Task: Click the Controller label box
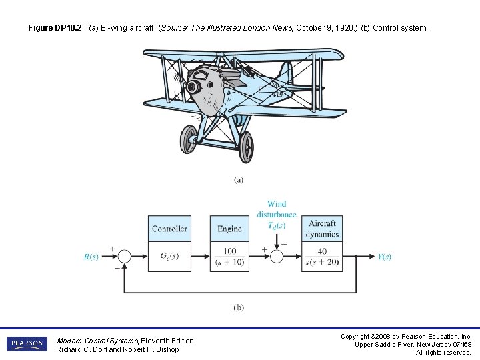pyautogui.click(x=169, y=229)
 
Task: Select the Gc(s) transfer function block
pyautogui.click(x=169, y=257)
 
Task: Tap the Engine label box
pyautogui.click(x=229, y=229)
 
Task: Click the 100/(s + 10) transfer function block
pyautogui.click(x=229, y=257)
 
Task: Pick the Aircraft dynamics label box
pyautogui.click(x=322, y=229)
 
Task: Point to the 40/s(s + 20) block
pyautogui.click(x=322, y=257)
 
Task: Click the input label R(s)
pyautogui.click(x=91, y=257)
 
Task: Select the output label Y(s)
pyautogui.click(x=385, y=257)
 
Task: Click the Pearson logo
pyautogui.click(x=27, y=344)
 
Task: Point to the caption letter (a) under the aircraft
pyautogui.click(x=239, y=179)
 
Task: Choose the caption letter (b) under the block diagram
pyautogui.click(x=239, y=307)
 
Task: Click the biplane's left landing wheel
pyautogui.click(x=189, y=139)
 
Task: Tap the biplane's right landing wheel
pyautogui.click(x=245, y=146)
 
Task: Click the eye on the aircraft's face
pyautogui.click(x=194, y=86)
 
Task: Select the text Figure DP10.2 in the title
pyautogui.click(x=55, y=28)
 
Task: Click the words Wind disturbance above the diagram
pyautogui.click(x=276, y=209)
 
